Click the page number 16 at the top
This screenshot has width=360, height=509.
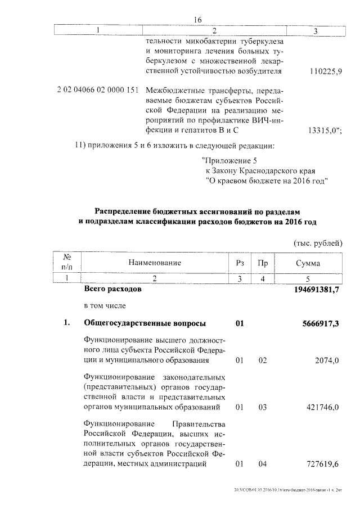197,20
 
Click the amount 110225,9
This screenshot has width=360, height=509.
326,72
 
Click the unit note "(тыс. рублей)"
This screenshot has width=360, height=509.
317,242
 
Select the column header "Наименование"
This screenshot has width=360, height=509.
155,263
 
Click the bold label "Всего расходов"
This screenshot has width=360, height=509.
109,289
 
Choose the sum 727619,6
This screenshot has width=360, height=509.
322,464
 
